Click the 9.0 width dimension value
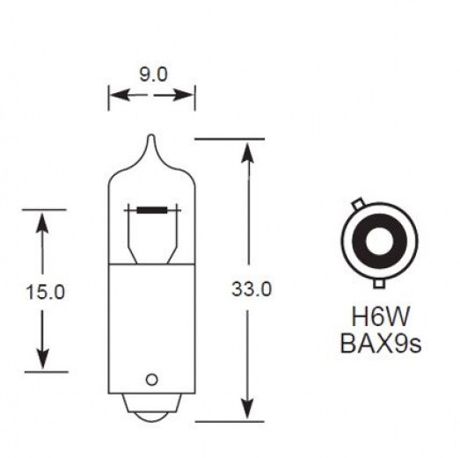click(x=150, y=75)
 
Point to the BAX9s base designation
click(x=379, y=342)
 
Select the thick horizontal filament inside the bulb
click(x=151, y=210)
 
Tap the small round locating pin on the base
click(x=150, y=379)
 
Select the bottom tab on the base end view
click(x=379, y=283)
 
